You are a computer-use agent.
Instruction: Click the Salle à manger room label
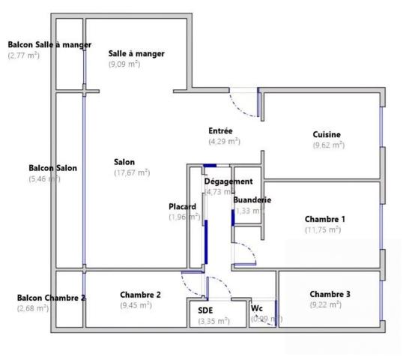[136, 53]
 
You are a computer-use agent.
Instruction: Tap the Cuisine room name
[327, 134]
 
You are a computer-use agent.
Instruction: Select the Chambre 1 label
[324, 219]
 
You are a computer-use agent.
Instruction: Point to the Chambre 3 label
[330, 294]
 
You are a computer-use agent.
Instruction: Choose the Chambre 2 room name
[140, 295]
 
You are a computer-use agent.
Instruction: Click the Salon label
[124, 161]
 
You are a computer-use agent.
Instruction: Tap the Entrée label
[220, 131]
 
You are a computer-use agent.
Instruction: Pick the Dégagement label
[228, 181]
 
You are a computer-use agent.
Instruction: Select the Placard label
[183, 207]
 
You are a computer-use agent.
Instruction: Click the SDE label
[205, 310]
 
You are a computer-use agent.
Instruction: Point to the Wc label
[257, 308]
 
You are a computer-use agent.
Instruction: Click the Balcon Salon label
[52, 168]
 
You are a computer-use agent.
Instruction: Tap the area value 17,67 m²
[132, 172]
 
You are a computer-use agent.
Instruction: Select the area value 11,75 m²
[323, 229]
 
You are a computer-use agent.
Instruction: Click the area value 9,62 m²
[328, 145]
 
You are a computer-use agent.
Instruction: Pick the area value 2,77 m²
[24, 55]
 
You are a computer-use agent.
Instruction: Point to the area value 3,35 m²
[213, 321]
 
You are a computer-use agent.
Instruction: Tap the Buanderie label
[252, 200]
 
